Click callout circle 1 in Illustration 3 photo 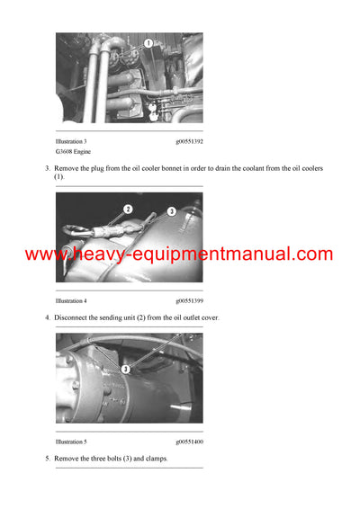point(147,42)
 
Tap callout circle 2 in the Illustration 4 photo point(129,209)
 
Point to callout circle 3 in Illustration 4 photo point(171,211)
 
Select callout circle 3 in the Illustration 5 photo point(126,369)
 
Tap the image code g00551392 point(189,142)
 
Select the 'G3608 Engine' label point(75,152)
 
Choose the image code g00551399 point(189,300)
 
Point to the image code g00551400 point(189,442)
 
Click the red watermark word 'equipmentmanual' point(215,255)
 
